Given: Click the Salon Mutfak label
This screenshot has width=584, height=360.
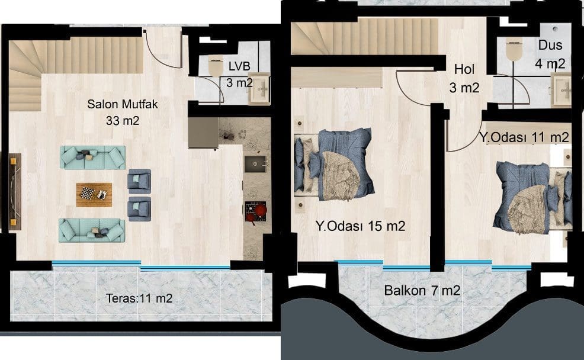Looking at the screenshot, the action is point(123,104).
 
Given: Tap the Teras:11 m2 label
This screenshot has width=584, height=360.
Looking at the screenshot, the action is point(139,298).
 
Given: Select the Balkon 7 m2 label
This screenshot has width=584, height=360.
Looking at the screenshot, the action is point(422,290).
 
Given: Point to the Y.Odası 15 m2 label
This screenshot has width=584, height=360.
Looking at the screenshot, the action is point(360,226).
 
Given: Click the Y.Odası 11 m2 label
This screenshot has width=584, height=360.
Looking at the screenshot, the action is point(524,137).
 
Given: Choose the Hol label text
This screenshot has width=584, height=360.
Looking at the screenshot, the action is point(464,69).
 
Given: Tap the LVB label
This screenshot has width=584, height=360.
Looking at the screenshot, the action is point(239,66).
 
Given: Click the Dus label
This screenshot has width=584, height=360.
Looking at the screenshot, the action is point(550,45).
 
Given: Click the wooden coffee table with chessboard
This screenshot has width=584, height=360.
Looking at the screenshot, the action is point(94,194).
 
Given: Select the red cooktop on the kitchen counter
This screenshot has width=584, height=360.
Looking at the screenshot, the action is point(256,211).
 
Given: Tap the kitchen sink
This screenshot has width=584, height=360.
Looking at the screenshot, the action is point(255,164).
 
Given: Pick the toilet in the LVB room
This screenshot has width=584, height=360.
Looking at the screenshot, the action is point(215,67).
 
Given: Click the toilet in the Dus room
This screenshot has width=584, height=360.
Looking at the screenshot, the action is point(514,51).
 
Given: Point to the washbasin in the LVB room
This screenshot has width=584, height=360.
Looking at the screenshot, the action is point(259,89).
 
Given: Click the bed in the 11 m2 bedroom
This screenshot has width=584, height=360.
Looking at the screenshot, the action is point(532,197).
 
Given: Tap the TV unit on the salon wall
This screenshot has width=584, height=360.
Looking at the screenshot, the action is point(15,191).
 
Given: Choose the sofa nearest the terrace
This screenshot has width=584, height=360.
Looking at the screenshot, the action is point(92,230).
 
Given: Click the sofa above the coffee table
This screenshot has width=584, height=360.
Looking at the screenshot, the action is point(93,157).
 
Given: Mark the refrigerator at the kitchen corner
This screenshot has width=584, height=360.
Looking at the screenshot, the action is point(203,133).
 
